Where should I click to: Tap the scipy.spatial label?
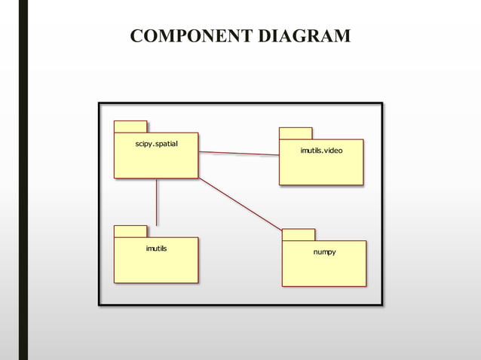[156, 143]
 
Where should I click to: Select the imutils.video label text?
[321, 151]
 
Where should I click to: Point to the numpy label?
[324, 252]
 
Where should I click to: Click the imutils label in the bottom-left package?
[156, 248]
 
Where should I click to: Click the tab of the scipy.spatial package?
[130, 127]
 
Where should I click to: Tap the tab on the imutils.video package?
[296, 133]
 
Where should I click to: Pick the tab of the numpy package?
[299, 234]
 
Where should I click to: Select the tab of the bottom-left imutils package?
[130, 231]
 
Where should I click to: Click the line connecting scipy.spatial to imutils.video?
[238, 154]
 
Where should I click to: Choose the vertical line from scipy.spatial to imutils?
[157, 202]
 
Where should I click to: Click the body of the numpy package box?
[324, 270]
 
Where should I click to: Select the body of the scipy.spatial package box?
[156, 161]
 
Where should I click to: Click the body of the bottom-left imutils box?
[156, 266]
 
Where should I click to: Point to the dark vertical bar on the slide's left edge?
[23, 180]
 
